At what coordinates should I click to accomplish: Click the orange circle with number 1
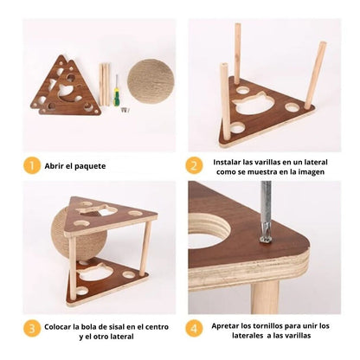32,165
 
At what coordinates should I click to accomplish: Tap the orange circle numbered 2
194,165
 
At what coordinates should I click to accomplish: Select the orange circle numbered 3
32,328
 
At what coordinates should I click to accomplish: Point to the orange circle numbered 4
194,328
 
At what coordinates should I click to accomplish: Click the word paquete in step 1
90,166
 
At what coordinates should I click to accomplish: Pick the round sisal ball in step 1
151,81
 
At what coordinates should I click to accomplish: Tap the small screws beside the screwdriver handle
125,109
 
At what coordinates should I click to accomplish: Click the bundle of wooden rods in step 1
104,85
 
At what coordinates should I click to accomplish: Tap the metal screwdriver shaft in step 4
266,208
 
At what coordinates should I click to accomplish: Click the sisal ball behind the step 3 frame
79,234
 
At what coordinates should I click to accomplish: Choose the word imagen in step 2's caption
312,172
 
